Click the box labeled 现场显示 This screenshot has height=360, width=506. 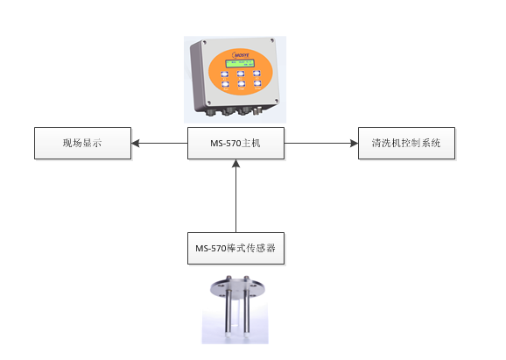tap(82, 143)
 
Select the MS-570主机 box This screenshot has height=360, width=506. tap(235, 143)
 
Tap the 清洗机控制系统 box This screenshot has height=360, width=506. tap(406, 143)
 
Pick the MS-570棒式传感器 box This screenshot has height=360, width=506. tap(235, 248)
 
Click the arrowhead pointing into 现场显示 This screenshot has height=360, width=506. tap(135, 143)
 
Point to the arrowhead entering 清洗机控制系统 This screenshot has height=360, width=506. tap(355, 143)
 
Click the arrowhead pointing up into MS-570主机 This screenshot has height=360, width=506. tap(235, 164)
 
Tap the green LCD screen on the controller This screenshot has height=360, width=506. tap(240, 63)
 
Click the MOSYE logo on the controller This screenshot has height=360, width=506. tap(241, 54)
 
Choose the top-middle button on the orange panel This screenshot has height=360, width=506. tap(241, 74)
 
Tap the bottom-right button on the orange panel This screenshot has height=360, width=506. tap(257, 83)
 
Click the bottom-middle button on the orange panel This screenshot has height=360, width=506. tap(241, 84)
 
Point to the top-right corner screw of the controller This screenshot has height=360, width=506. tap(272, 40)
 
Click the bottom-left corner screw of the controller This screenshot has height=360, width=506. tap(209, 102)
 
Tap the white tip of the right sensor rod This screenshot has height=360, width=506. tap(247, 334)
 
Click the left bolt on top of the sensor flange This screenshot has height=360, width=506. tap(229, 278)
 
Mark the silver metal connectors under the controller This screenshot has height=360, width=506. tap(257, 111)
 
